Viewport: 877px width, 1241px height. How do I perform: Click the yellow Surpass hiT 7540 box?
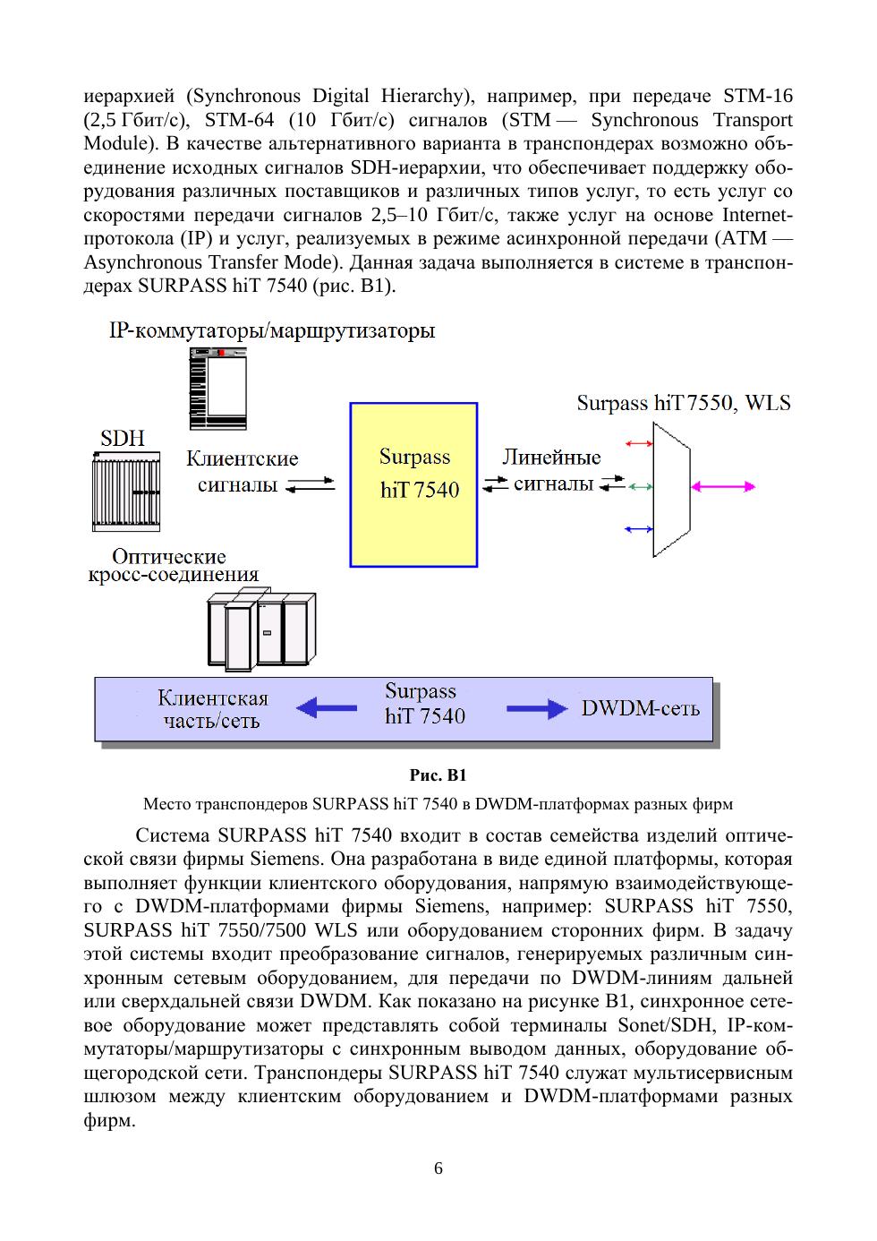(x=413, y=484)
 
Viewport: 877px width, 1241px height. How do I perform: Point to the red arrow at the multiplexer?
(x=639, y=443)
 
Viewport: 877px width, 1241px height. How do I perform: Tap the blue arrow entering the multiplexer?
(x=639, y=529)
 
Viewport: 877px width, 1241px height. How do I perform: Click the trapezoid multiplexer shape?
(x=671, y=488)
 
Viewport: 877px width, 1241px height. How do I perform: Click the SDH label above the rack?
(x=123, y=439)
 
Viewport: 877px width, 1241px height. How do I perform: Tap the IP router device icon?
(x=217, y=388)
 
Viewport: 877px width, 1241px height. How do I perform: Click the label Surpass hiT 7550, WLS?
(x=684, y=403)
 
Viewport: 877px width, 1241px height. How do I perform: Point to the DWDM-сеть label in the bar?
(x=641, y=708)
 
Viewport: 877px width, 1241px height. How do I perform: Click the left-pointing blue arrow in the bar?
(x=326, y=708)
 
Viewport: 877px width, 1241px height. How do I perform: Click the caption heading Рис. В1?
(x=438, y=775)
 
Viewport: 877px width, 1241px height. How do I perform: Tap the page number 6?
(x=438, y=1168)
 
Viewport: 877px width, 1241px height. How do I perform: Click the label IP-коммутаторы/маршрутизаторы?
(x=272, y=331)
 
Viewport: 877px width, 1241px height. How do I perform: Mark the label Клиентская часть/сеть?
(x=212, y=709)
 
